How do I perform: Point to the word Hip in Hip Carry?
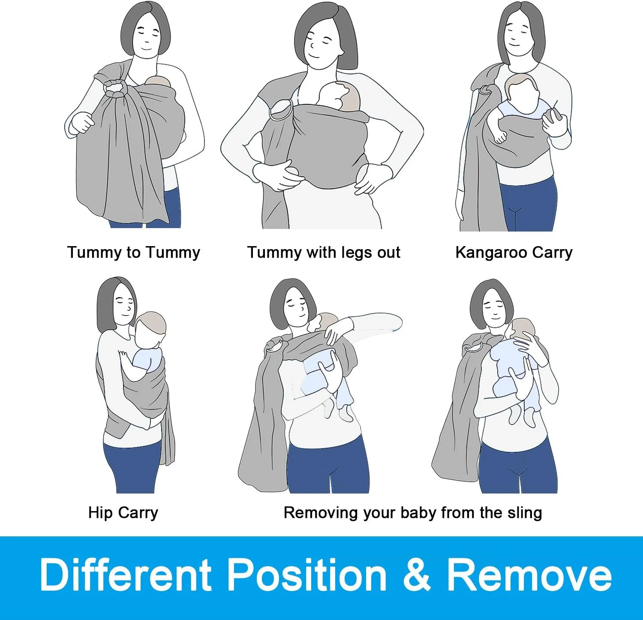click(x=101, y=513)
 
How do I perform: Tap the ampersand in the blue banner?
click(x=416, y=575)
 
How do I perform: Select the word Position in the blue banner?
click(x=306, y=575)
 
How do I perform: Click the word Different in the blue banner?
click(x=126, y=575)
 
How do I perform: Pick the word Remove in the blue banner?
click(x=529, y=575)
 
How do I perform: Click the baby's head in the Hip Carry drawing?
click(x=150, y=328)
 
